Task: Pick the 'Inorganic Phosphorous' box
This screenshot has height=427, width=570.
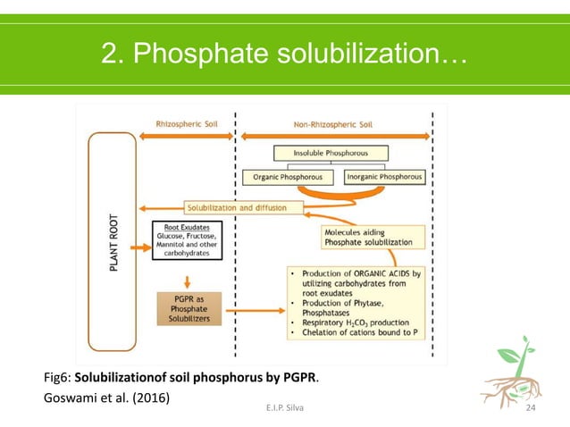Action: coord(384,178)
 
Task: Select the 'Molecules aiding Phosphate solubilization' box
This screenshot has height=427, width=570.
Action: coord(367,237)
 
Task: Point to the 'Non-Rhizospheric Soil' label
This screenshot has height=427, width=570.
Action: coord(332,124)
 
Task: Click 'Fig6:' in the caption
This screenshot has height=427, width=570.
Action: coord(59,377)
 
